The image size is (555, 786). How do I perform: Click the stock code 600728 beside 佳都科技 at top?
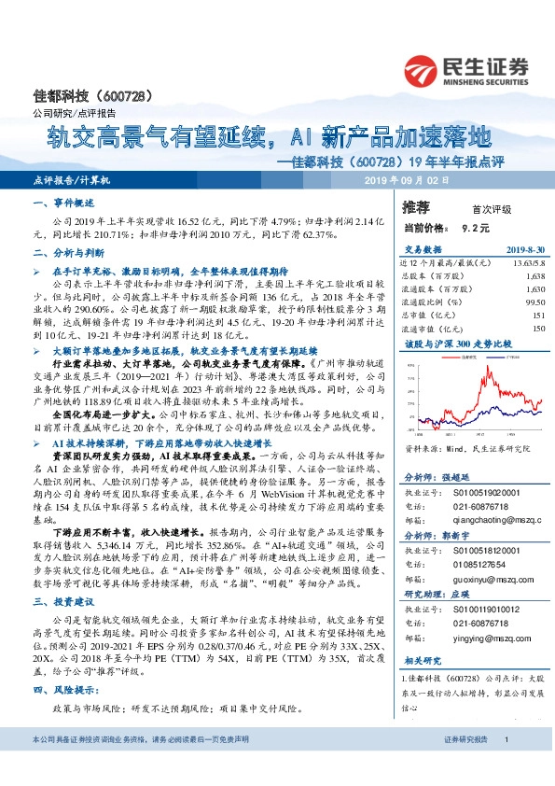point(119,97)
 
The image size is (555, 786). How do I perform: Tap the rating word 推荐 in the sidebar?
point(415,205)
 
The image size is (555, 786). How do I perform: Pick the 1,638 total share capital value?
point(534,277)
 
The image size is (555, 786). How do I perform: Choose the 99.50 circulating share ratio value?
point(533,303)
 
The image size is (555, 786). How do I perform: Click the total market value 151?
point(537,316)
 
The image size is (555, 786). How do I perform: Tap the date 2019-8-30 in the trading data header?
point(524,249)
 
